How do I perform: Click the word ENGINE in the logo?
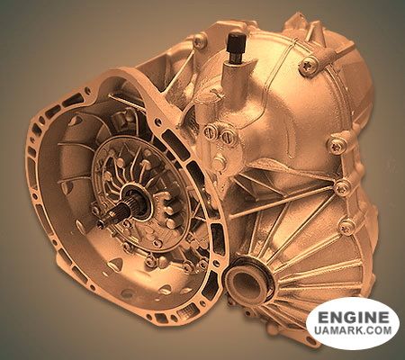353,317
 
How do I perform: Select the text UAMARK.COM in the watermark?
353,330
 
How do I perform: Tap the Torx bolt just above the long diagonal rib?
338,144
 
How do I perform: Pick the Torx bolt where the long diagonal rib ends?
343,187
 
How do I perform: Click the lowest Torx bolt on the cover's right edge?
347,226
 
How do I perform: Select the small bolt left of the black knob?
200,40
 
